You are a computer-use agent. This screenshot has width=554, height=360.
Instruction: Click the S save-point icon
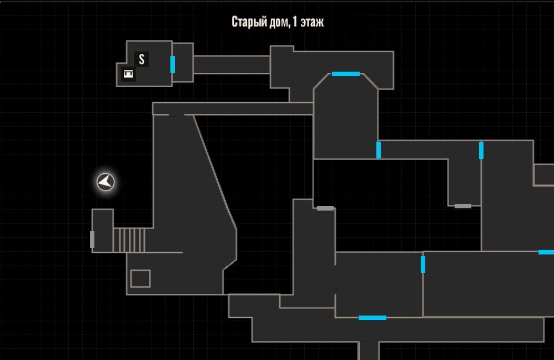pos(142,59)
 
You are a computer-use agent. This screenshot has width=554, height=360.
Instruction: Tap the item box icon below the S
pos(128,73)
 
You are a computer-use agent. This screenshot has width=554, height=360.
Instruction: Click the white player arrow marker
pos(105,182)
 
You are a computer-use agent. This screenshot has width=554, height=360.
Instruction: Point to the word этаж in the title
pos(312,22)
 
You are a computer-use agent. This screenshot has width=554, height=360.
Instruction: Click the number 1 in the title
pos(295,22)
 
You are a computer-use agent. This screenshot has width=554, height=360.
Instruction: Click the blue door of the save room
pos(173,64)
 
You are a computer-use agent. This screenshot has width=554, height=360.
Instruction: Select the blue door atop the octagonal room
pos(345,74)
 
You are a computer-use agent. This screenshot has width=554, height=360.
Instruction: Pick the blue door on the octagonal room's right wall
pos(379,150)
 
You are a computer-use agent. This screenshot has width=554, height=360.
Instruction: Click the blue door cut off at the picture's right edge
pos(546,252)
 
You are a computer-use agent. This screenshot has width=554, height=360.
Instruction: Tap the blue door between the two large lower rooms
pos(423,264)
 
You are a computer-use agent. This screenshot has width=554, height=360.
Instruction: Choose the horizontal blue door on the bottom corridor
pos(372,318)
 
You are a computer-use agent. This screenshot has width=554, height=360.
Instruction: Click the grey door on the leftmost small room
pos(92,239)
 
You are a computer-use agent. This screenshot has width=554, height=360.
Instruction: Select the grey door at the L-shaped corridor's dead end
pos(463,206)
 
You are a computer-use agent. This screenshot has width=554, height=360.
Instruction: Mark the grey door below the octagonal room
pos(325,208)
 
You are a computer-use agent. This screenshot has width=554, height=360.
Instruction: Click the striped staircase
pos(129,240)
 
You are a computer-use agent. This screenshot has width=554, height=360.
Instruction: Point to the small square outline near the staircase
pos(140,279)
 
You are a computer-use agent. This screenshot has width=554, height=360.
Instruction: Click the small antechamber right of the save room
pos(183,63)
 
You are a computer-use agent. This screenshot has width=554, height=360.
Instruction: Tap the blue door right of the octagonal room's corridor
pos(481,151)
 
